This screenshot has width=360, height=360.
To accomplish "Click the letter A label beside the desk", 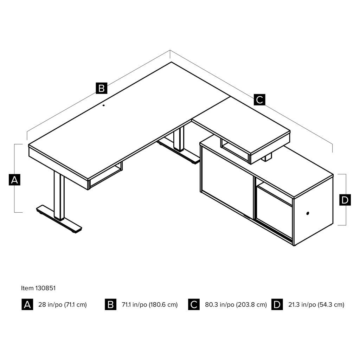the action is [14, 180].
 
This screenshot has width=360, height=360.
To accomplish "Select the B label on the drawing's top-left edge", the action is [102, 88].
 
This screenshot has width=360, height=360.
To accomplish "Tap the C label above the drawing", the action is [259, 99].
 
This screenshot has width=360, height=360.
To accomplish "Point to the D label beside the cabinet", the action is [345, 200].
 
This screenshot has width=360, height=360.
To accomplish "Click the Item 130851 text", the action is [38, 288].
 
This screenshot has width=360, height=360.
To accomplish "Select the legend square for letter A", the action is [27, 305].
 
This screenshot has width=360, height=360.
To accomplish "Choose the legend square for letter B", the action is [111, 305].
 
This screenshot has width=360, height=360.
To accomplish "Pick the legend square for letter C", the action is [194, 305].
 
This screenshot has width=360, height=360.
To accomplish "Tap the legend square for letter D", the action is [277, 305].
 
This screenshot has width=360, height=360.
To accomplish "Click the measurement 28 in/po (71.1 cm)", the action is [63, 305].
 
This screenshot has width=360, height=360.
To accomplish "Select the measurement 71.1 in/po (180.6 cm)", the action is [150, 305].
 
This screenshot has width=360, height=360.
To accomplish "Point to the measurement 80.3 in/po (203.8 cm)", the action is [236, 305].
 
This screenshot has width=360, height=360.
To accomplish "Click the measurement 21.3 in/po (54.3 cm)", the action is [316, 305].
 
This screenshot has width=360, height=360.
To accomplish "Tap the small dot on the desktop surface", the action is [104, 105].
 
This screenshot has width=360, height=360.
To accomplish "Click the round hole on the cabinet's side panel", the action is [308, 213].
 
